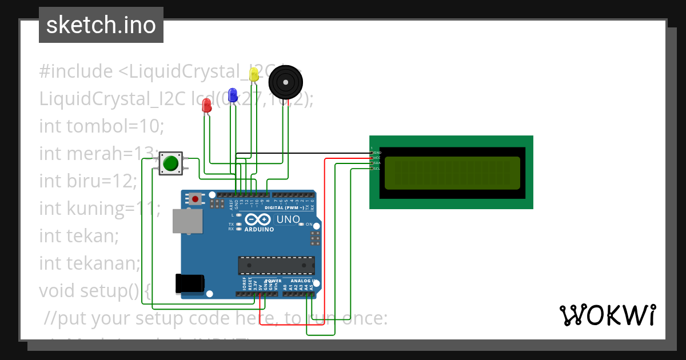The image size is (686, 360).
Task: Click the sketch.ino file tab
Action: pyautogui.click(x=101, y=25)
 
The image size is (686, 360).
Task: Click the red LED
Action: pyautogui.click(x=207, y=105)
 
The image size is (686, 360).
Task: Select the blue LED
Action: pyautogui.click(x=233, y=95)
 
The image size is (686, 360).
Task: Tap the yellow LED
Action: pyautogui.click(x=254, y=74)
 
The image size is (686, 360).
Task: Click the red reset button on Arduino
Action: pyautogui.click(x=196, y=199)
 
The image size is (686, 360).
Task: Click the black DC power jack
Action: pyautogui.click(x=190, y=283)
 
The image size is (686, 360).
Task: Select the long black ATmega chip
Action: pyautogui.click(x=276, y=265)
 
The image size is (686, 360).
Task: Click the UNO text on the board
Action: pyautogui.click(x=288, y=219)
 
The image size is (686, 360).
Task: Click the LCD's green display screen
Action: pyautogui.click(x=452, y=173)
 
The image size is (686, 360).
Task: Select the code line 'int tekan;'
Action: pyautogui.click(x=79, y=235)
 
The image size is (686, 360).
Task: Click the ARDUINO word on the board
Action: pyautogui.click(x=259, y=229)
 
